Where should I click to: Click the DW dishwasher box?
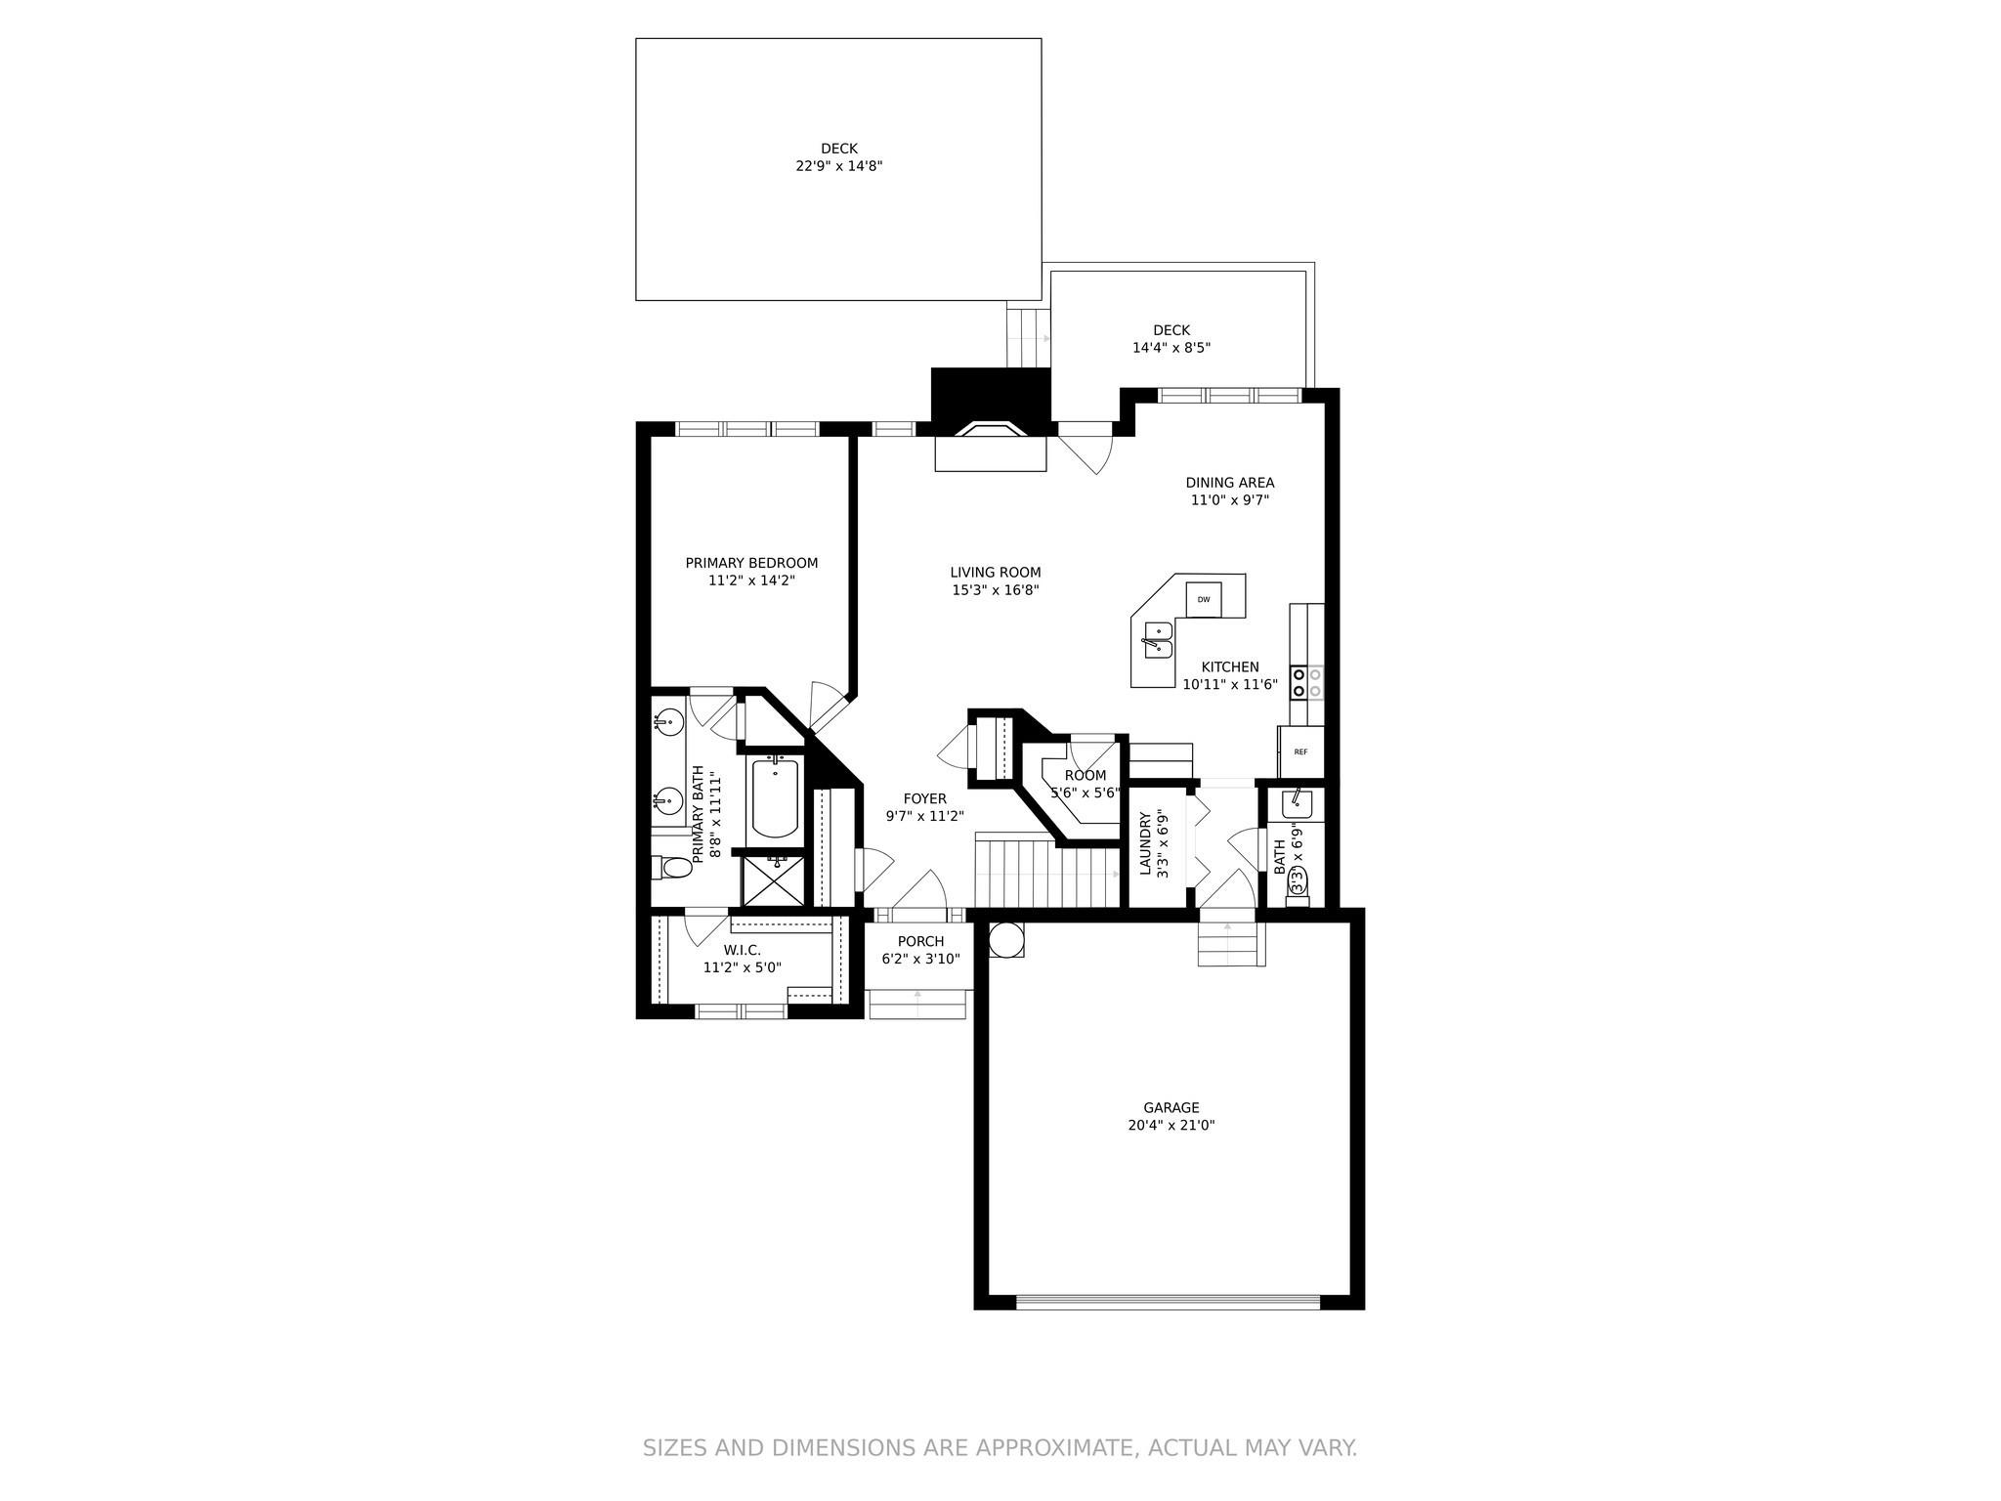[1204, 600]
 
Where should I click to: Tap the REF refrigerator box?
[1300, 751]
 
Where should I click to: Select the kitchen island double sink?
[1158, 640]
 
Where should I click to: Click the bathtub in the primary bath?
[775, 798]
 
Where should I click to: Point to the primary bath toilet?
[671, 867]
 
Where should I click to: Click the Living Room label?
[995, 573]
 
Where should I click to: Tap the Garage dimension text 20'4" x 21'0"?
[1171, 1125]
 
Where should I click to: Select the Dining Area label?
[1229, 483]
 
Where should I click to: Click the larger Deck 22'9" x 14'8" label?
[838, 150]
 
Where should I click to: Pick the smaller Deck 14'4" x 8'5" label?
[1171, 330]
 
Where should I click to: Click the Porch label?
[920, 942]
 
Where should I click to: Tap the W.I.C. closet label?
[742, 950]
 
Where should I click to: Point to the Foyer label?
[924, 798]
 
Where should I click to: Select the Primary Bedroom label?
[751, 563]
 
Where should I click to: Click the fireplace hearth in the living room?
[991, 453]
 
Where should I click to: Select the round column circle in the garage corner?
[1005, 940]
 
